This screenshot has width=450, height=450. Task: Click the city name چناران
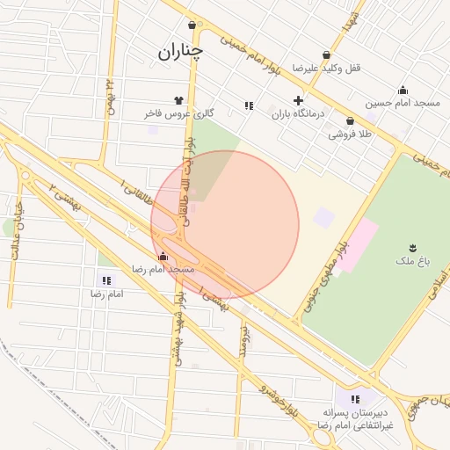click(x=180, y=52)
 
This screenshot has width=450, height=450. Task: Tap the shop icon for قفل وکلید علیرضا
click(x=328, y=54)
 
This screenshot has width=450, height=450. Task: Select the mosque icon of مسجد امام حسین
click(x=403, y=90)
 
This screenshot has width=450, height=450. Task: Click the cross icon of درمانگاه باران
click(x=299, y=100)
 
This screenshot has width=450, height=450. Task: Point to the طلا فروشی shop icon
click(x=350, y=121)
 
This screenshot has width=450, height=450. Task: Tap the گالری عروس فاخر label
click(x=179, y=113)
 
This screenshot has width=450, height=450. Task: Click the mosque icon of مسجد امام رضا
click(x=163, y=256)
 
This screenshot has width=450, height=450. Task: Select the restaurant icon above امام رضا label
click(x=106, y=280)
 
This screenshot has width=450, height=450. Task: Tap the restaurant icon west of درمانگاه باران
click(x=249, y=105)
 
